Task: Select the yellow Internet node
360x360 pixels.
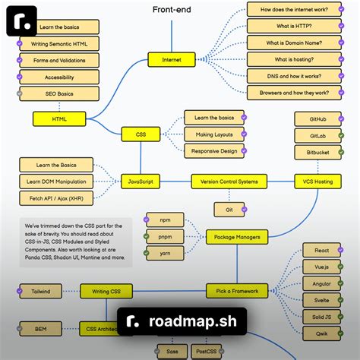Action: (171, 59)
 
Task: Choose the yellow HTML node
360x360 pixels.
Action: (59, 118)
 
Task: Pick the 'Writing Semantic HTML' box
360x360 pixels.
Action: (58, 43)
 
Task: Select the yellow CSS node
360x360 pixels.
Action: (141, 134)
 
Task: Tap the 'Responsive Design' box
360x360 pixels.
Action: (214, 150)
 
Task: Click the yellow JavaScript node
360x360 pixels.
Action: (141, 182)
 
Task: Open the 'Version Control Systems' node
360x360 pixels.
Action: (229, 182)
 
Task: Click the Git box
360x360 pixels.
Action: (229, 209)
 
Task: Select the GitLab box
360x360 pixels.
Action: (319, 135)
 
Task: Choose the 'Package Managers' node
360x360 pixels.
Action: (237, 237)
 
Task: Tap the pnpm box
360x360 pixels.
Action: (166, 237)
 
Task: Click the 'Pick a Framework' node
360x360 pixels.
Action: (237, 291)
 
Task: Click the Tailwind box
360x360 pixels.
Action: (40, 291)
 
